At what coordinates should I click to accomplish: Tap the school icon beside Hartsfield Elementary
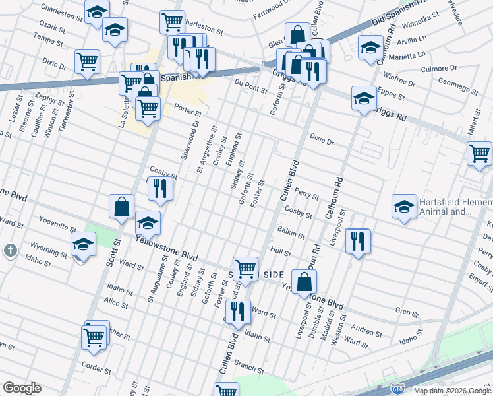pyautogui.click(x=404, y=207)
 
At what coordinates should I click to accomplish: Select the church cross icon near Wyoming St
pyautogui.click(x=11, y=250)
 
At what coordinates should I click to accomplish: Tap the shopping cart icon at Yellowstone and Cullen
pyautogui.click(x=245, y=269)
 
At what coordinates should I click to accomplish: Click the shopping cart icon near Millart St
pyautogui.click(x=479, y=153)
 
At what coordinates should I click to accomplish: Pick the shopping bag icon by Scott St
pyautogui.click(x=122, y=207)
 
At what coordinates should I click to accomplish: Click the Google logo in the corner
pyautogui.click(x=22, y=388)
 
